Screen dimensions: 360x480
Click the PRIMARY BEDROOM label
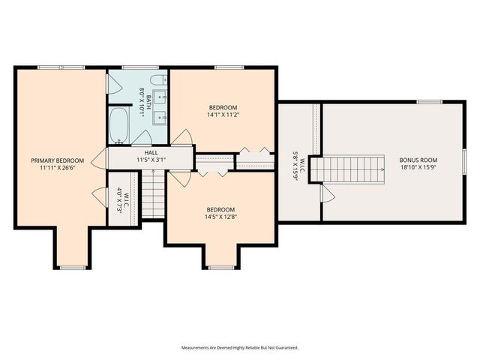[x=57, y=160]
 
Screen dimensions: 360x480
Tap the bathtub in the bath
[x=120, y=124]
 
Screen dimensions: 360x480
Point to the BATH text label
[x=148, y=100]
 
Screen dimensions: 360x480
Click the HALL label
[x=151, y=152]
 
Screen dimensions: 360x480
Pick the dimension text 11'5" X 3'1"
[x=151, y=160]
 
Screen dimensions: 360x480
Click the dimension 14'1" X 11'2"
[x=223, y=115]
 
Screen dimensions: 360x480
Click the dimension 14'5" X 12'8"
[x=221, y=217]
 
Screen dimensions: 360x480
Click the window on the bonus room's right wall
[x=464, y=160]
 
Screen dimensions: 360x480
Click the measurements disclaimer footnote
[x=240, y=348]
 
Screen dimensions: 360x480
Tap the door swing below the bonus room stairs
[x=327, y=193]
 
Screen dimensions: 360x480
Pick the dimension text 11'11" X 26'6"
[x=57, y=169]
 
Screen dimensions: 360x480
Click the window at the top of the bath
[x=134, y=67]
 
